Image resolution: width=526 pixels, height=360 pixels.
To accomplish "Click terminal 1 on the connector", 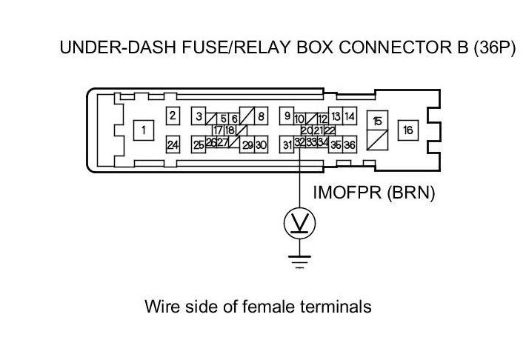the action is tap(144, 130).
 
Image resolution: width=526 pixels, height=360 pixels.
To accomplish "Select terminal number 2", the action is tap(173, 116).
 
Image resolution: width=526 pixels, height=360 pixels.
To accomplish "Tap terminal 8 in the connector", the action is tap(261, 116).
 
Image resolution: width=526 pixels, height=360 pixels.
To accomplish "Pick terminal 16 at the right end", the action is tap(408, 130).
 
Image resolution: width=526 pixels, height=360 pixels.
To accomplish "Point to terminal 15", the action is tap(377, 121).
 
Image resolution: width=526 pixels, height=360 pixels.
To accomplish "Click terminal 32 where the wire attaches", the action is tap(299, 142).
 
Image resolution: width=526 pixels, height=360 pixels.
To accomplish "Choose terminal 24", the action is tap(173, 144).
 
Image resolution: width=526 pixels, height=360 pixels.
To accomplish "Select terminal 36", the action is tap(350, 144).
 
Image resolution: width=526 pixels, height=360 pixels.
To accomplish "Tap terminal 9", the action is tap(287, 116).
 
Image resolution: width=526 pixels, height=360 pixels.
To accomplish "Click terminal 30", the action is tap(261, 144).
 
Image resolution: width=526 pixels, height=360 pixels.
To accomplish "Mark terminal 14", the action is tap(350, 116).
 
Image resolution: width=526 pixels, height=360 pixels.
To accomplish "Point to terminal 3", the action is tap(199, 116).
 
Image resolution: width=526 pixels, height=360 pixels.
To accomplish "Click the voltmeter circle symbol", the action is tap(299, 223).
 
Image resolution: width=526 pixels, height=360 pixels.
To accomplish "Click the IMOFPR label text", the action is tap(347, 193).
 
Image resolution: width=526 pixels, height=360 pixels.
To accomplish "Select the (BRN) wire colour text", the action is tap(411, 193).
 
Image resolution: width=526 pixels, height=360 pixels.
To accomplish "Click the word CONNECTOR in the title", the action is tap(403, 47).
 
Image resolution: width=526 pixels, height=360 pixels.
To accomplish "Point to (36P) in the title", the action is tap(494, 47).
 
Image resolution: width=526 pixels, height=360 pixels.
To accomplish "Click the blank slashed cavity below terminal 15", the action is tap(377, 140).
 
